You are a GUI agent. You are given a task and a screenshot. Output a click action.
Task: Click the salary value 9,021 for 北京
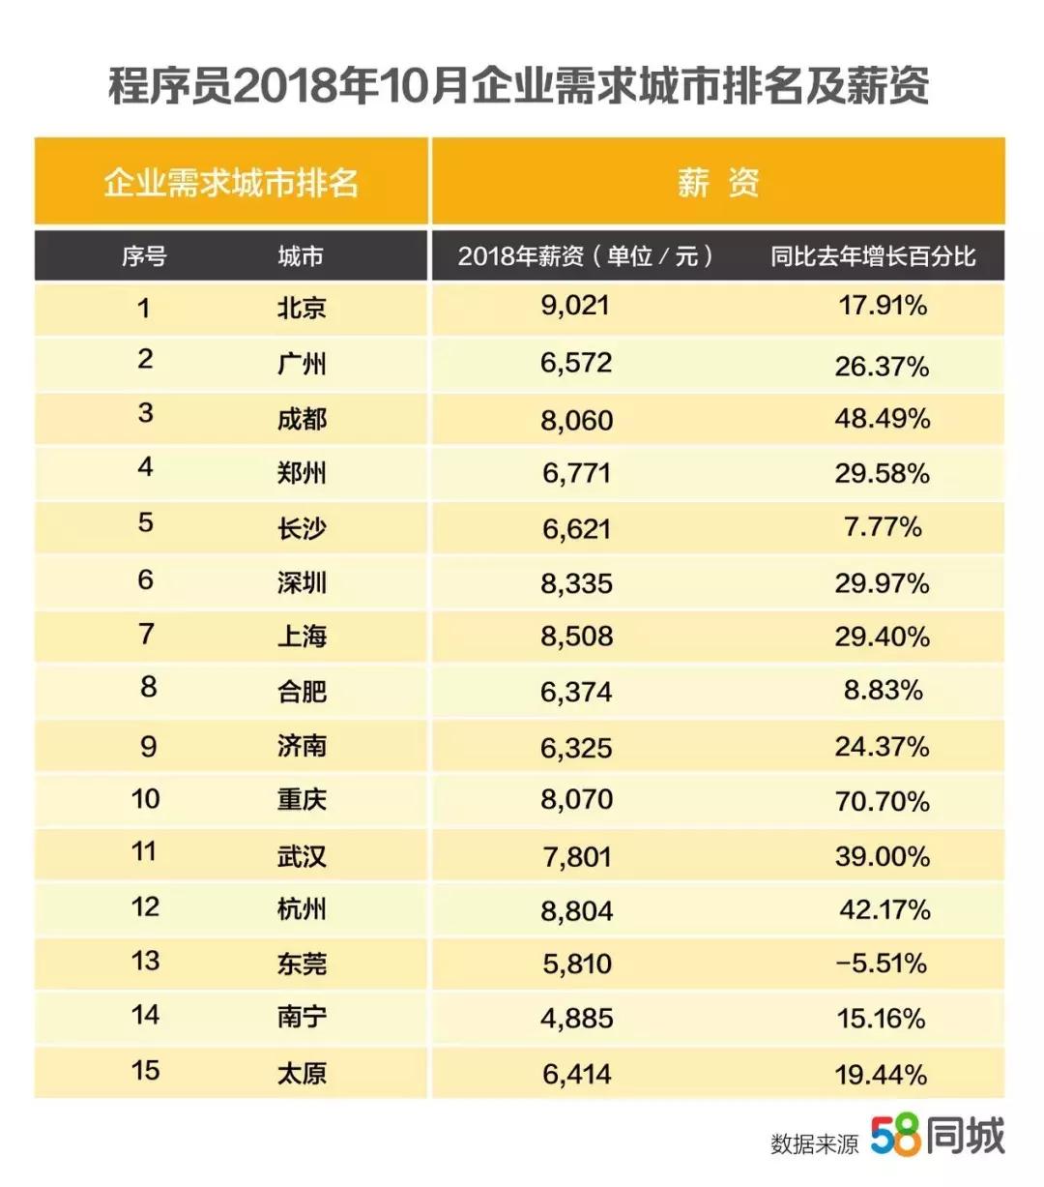(575, 307)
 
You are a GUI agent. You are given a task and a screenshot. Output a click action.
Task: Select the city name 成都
(302, 419)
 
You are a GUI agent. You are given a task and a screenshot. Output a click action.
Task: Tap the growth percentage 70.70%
(882, 801)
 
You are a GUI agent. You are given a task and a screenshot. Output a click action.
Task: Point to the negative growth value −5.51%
(881, 964)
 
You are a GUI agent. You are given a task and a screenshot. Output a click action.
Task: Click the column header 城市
(301, 256)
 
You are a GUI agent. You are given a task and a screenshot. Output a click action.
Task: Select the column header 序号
(143, 256)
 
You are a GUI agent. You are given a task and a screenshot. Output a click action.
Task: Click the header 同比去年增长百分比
(872, 256)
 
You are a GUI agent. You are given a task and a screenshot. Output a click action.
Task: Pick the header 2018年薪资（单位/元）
(587, 256)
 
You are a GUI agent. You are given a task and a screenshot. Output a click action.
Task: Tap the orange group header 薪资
(717, 182)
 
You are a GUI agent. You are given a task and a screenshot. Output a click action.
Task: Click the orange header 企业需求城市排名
(231, 182)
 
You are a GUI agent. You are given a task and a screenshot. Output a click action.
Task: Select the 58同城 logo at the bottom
(938, 1136)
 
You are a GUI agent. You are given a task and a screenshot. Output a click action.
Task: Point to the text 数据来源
(814, 1143)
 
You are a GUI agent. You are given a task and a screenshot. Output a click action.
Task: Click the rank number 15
(145, 1070)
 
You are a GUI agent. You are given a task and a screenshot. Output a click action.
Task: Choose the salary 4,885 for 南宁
(577, 1018)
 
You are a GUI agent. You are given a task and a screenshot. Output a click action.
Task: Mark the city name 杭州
(302, 909)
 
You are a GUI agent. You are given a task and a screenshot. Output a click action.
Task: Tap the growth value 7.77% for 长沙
(883, 527)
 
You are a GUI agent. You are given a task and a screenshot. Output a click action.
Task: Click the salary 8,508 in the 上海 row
(577, 637)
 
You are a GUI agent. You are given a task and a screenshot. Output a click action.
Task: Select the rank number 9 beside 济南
(147, 746)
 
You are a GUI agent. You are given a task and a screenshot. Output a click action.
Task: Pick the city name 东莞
(302, 964)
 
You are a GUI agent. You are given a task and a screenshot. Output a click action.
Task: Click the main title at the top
(519, 86)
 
